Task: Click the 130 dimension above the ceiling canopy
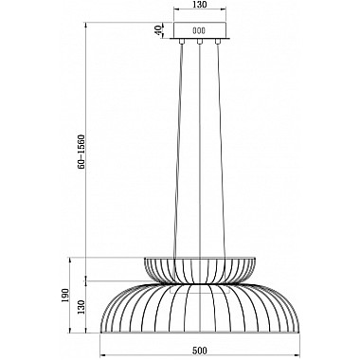200,5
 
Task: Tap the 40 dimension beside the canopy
159,30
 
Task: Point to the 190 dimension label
64,295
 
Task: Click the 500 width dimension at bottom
200,351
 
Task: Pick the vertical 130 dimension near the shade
81,307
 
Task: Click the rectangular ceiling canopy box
200,30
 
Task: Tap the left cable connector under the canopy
182,42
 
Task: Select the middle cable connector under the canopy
200,42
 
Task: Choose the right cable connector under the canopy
217,42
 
